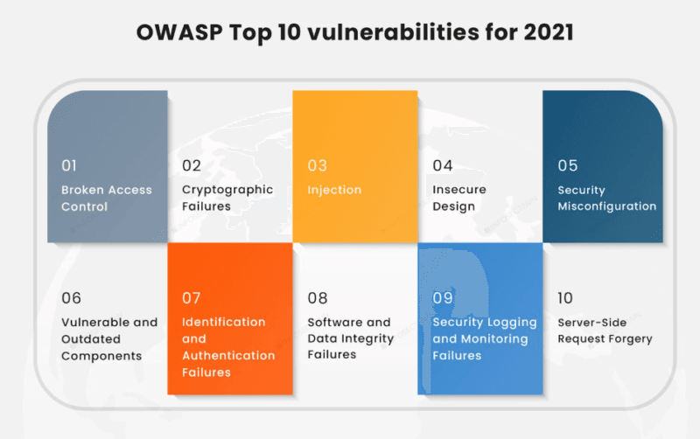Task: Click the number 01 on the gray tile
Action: [70, 165]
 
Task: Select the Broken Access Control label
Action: [106, 199]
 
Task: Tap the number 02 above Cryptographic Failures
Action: [192, 165]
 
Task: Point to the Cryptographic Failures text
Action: [227, 199]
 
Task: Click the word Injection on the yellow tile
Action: [334, 190]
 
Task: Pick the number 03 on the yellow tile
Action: [317, 165]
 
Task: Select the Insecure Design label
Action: [459, 199]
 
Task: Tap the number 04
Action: [443, 165]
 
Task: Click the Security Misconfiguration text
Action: [606, 199]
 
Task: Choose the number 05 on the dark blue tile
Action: [568, 165]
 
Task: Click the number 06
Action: [71, 298]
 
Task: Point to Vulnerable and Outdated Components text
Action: [108, 339]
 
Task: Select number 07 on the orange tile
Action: [192, 298]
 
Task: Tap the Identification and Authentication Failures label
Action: [227, 347]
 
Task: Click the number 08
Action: [318, 298]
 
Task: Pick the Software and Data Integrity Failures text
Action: [350, 339]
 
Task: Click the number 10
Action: [566, 298]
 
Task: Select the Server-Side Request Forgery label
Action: [605, 331]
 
